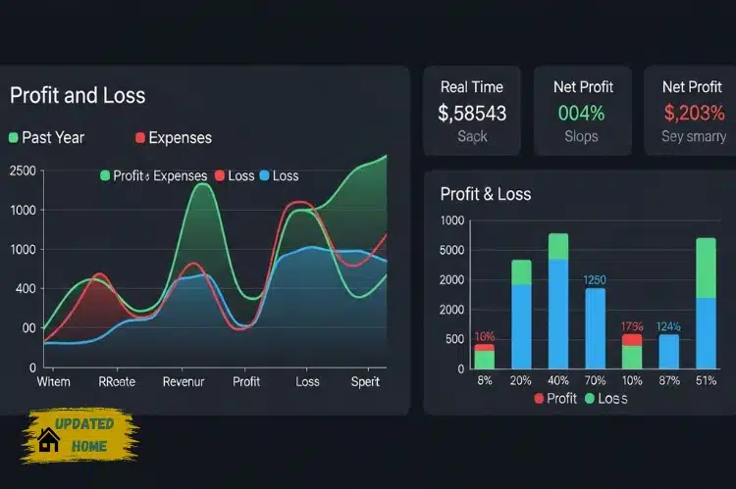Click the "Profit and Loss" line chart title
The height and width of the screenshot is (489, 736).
[x=78, y=95]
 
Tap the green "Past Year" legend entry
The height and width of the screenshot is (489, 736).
[x=46, y=137]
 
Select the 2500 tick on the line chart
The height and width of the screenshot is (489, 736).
[x=22, y=171]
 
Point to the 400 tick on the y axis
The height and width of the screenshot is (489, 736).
[x=24, y=289]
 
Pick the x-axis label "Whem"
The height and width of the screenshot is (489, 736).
[x=54, y=381]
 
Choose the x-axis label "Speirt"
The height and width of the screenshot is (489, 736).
[x=365, y=381]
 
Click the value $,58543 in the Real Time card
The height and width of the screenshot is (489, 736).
[x=472, y=113]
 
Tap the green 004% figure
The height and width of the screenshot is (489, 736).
[x=582, y=113]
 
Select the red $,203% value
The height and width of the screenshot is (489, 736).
[x=693, y=113]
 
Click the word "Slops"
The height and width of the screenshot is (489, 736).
[x=582, y=136]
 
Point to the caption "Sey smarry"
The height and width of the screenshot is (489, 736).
[x=694, y=136]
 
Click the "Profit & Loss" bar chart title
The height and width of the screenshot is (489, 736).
[x=486, y=194]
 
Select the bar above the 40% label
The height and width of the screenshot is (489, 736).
[x=558, y=302]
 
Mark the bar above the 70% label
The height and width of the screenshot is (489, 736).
[x=596, y=327]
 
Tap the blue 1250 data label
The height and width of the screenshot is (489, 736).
[x=596, y=279]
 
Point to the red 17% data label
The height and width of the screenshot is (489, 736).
[x=632, y=326]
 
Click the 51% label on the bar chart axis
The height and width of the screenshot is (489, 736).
[x=706, y=381]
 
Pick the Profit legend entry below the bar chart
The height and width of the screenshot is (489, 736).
[x=555, y=399]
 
